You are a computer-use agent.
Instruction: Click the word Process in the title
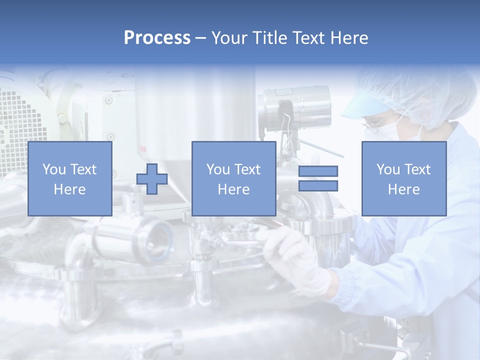157,38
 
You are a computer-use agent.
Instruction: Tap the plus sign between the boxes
152,178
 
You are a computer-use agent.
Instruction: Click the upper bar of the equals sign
318,171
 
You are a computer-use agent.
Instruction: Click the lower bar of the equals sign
318,185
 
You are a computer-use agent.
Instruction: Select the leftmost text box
69,178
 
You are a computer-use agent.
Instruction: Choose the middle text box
233,178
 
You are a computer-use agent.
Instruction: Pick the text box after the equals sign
403,178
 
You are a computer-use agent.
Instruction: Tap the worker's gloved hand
295,255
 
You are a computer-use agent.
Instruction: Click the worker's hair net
425,95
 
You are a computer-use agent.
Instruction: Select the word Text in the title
311,38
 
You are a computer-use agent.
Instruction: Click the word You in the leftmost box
53,169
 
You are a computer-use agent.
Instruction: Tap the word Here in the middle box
233,189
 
